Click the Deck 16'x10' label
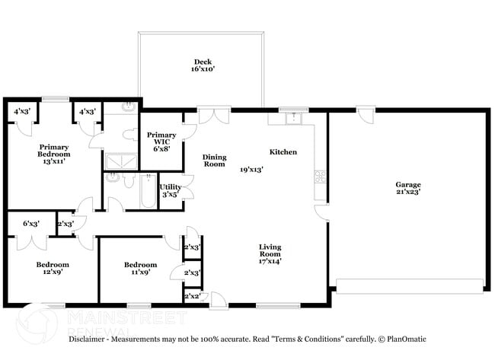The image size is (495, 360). (203, 65)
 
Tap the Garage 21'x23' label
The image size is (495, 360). (407, 189)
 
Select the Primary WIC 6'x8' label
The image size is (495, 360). (161, 142)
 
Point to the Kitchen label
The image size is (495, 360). (283, 152)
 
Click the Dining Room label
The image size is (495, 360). (214, 161)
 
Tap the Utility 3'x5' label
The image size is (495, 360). (170, 190)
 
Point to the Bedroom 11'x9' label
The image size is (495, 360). (140, 269)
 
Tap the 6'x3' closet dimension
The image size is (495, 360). (31, 224)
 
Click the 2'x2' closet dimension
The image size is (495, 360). (192, 296)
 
